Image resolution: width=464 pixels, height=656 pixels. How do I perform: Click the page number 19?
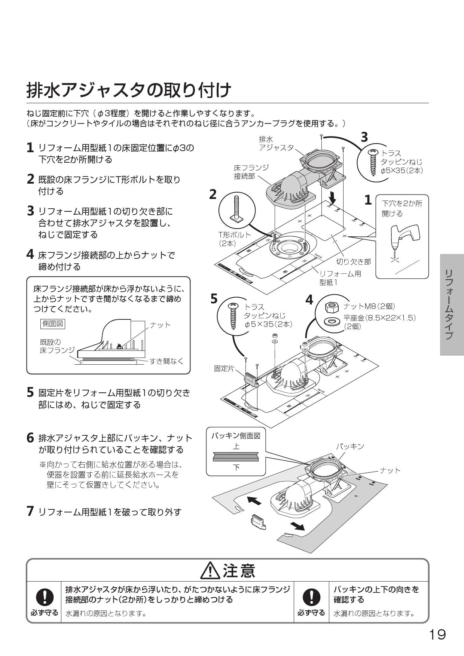coord(437,634)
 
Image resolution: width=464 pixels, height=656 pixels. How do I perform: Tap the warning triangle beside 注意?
coord(210,571)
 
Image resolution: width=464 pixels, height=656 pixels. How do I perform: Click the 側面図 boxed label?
coord(53,324)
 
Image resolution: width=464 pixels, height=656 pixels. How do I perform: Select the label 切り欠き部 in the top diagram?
coord(353,262)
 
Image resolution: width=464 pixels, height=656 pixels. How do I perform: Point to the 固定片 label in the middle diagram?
coord(224,368)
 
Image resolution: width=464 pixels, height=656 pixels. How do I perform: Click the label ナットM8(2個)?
coord(369,306)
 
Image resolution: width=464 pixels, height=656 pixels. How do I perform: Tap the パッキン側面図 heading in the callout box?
coord(236,436)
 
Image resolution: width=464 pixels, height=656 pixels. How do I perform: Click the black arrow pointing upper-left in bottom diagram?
coord(254,501)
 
